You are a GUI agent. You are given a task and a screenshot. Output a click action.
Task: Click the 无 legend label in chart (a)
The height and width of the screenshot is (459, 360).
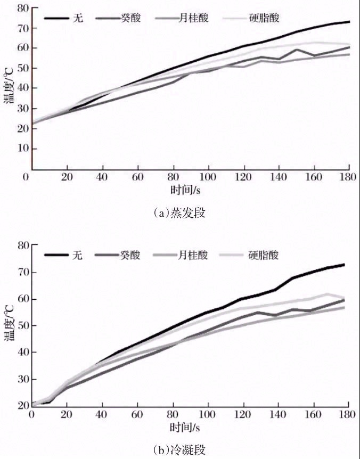(x=78, y=18)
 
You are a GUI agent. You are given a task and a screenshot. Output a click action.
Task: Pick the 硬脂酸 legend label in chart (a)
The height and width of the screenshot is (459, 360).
(x=265, y=18)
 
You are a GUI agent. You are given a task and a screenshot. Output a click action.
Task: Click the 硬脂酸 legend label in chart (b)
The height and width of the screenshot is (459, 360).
(x=265, y=256)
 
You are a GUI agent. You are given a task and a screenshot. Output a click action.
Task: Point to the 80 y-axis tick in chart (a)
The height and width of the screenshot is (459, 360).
(x=22, y=9)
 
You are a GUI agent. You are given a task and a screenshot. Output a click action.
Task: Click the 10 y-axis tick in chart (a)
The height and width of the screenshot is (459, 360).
(x=22, y=149)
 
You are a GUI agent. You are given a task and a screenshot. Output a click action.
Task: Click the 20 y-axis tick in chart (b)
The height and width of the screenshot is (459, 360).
(x=22, y=406)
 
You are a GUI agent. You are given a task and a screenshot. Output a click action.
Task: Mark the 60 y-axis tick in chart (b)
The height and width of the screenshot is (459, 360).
(x=22, y=299)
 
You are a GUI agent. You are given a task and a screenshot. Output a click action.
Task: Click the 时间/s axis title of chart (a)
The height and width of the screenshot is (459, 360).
(x=190, y=190)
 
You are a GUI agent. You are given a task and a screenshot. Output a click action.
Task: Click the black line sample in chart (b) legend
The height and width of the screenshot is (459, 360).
(x=56, y=256)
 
